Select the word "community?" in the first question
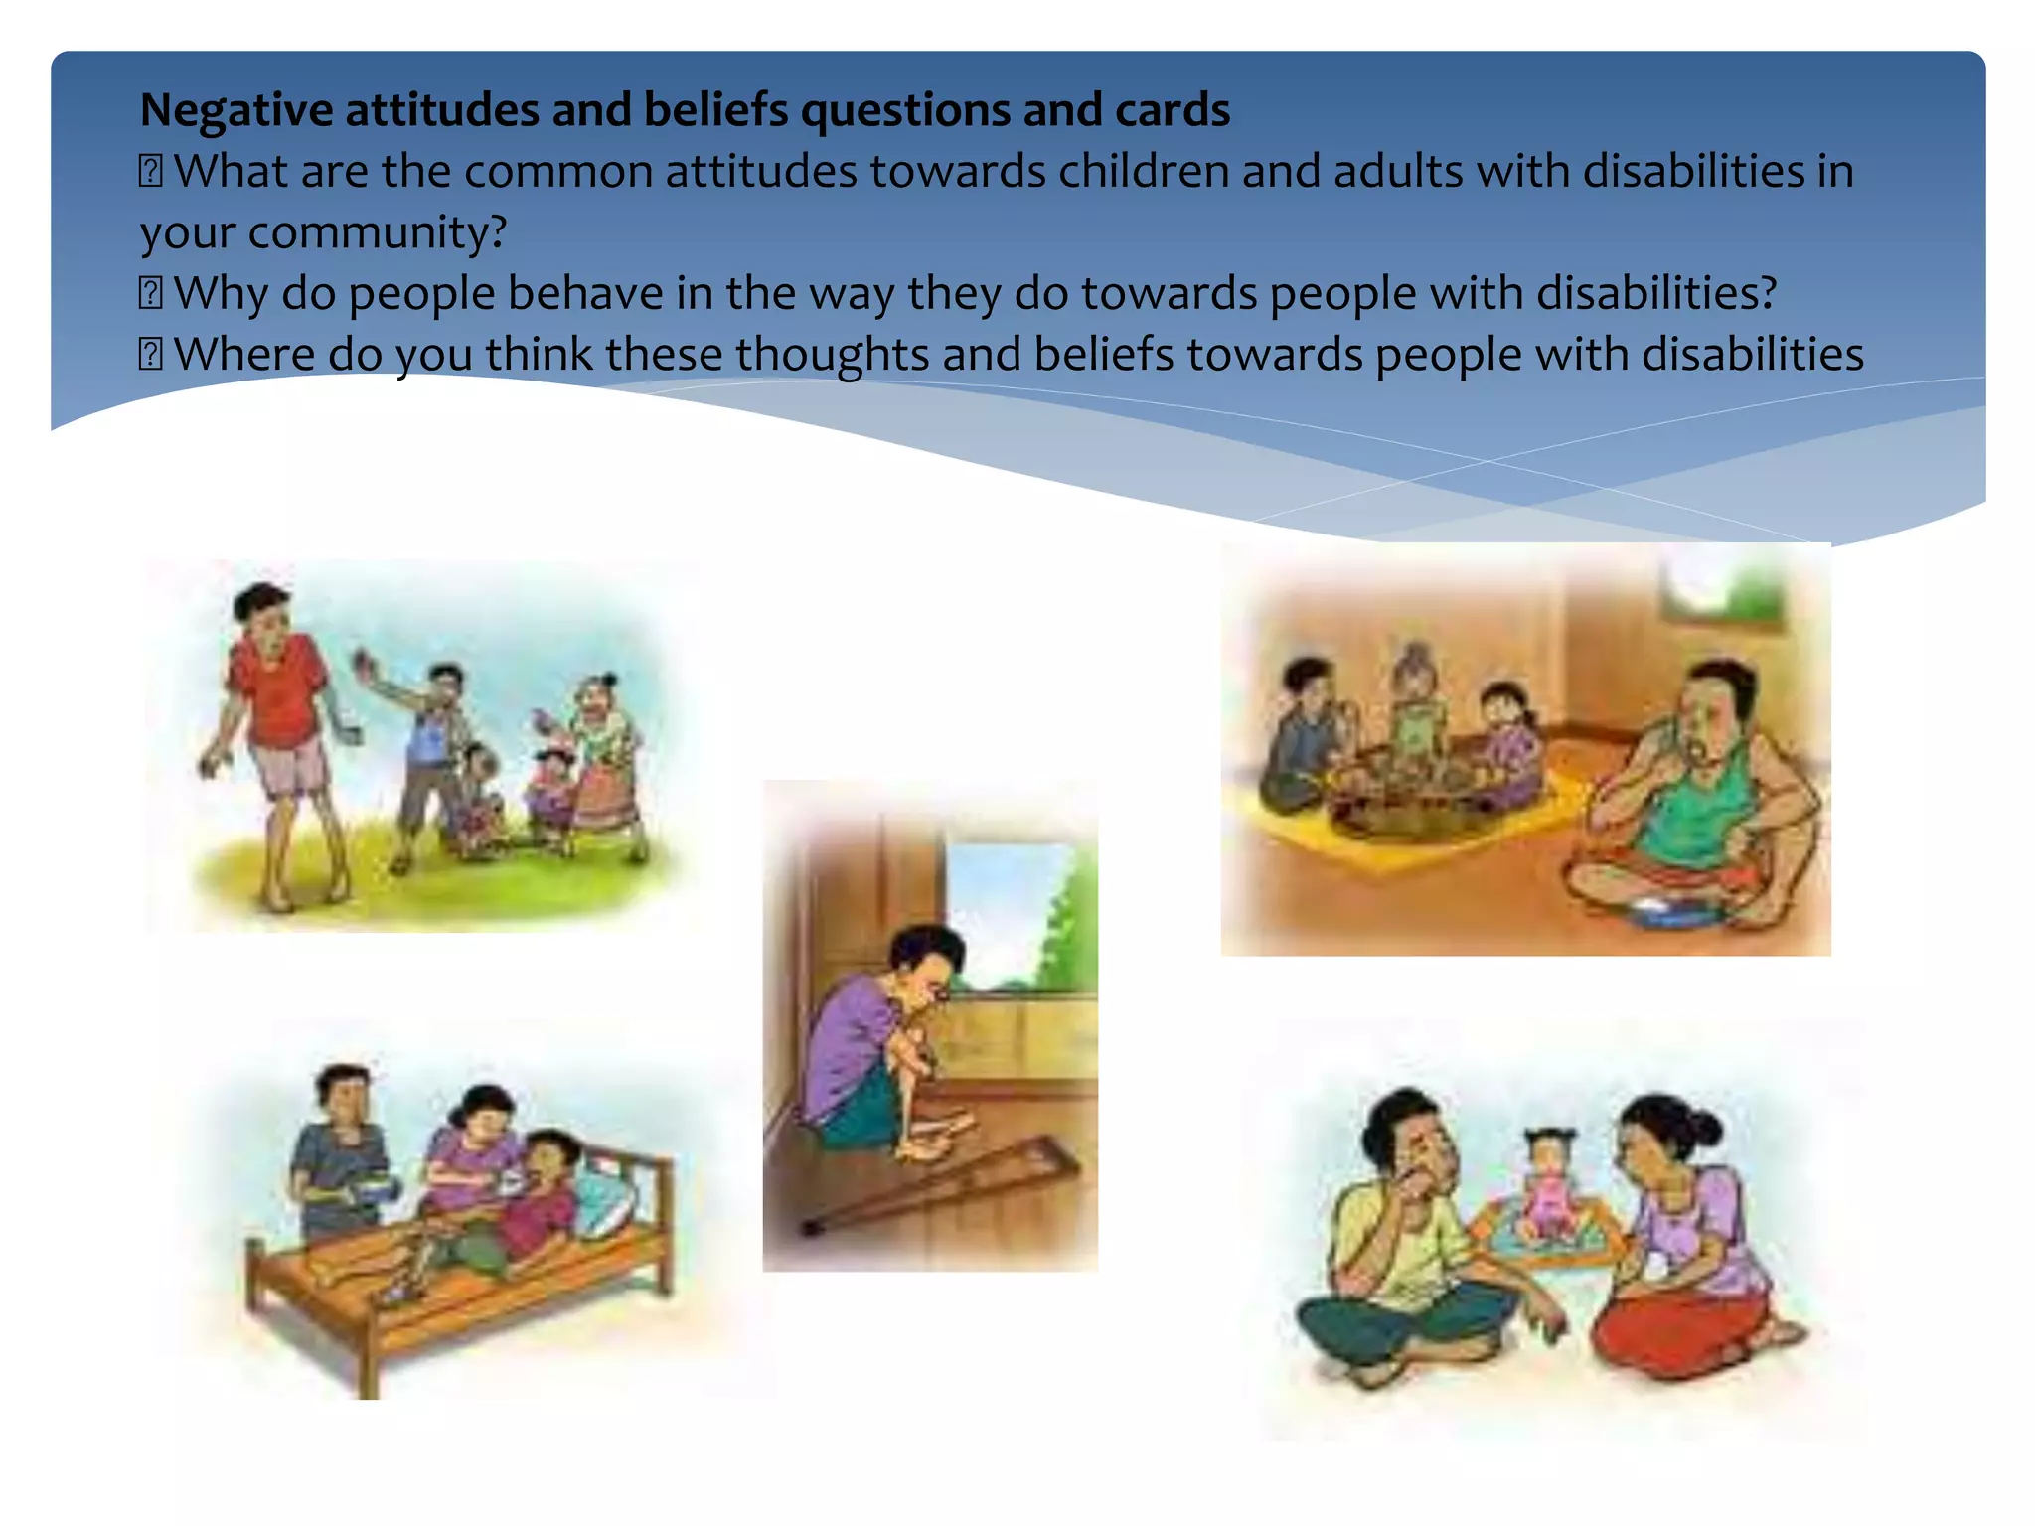[x=378, y=232]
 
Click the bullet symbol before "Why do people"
[x=150, y=293]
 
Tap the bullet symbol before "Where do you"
[x=150, y=355]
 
